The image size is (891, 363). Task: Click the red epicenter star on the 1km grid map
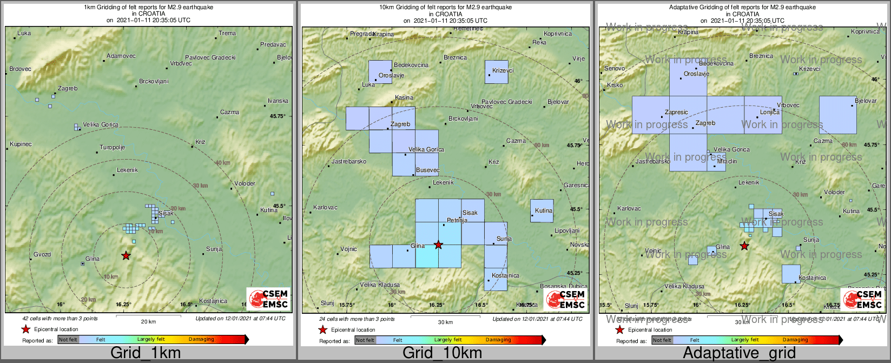coord(126,255)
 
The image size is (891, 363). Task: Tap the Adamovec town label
coord(121,56)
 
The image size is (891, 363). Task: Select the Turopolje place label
coord(113,147)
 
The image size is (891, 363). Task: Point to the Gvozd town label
coord(42,254)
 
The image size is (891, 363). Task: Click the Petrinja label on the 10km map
coord(457,220)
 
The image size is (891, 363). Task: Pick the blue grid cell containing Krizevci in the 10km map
coord(497,72)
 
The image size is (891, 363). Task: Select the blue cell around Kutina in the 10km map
coord(542,211)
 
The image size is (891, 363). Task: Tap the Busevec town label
coord(427,170)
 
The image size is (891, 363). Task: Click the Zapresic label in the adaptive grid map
coord(676,113)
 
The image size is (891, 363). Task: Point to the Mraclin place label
coord(727,161)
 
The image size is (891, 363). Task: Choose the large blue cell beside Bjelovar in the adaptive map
coord(837,115)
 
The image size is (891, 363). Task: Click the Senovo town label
coord(615,69)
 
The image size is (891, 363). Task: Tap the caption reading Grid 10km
coord(442,353)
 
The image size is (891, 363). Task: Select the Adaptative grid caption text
coord(739,353)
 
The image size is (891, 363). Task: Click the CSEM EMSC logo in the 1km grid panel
coord(268,299)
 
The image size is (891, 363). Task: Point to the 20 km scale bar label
coord(148,322)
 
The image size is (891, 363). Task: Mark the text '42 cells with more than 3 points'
coord(60,319)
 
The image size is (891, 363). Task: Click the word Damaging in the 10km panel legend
coord(498,340)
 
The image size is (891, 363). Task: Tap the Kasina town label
coord(404,98)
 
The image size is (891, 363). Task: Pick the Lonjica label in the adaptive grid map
coord(770,112)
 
